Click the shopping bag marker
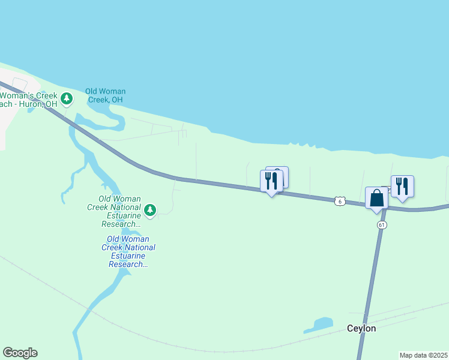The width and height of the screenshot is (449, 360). [x=376, y=198]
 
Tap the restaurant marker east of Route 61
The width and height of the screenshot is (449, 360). [x=402, y=187]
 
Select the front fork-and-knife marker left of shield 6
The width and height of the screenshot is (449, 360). [x=271, y=181]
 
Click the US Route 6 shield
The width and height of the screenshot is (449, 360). [x=340, y=202]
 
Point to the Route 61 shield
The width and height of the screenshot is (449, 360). [x=382, y=224]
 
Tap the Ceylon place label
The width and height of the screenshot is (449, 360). [x=361, y=328]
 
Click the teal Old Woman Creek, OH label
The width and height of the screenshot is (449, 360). [x=105, y=95]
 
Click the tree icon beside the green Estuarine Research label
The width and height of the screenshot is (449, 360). [x=150, y=210]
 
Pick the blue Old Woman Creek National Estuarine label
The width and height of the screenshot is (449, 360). [x=128, y=251]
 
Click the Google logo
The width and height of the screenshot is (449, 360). [x=20, y=353]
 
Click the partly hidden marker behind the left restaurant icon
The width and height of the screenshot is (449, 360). [x=282, y=173]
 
